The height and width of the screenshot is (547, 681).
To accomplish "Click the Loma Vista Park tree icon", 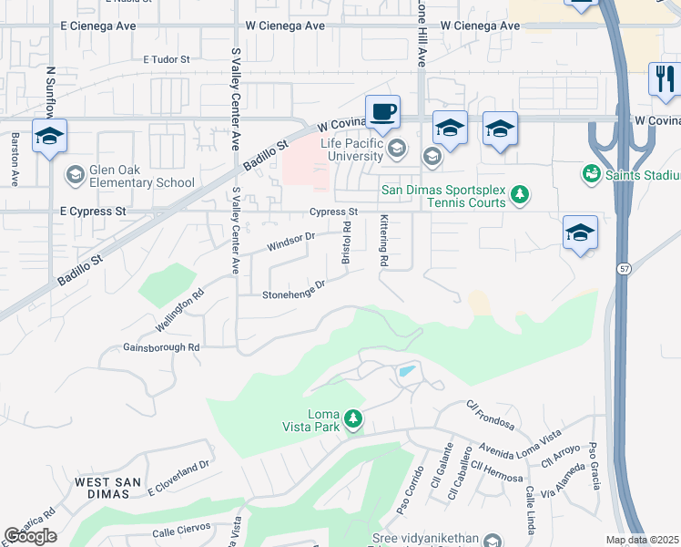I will pos(352,419).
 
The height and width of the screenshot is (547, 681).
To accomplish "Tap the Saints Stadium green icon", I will pos(591,172).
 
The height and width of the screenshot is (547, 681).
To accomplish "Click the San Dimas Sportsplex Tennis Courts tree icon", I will pos(520,193).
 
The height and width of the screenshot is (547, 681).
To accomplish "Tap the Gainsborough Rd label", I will pos(161,347).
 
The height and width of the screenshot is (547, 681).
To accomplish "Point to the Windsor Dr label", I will pos(290,243).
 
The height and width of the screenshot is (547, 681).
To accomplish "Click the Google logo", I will pos(30,536).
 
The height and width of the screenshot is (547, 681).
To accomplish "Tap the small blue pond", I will pos(406,371).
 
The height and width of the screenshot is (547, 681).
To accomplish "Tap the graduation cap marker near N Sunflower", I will pos(49,137).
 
